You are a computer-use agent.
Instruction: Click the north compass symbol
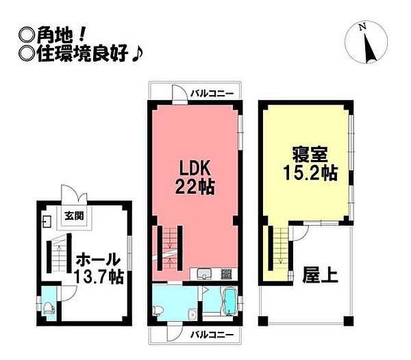(x=369, y=42)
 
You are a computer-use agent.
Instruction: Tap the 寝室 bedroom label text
(x=302, y=152)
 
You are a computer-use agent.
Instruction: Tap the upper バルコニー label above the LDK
(x=212, y=93)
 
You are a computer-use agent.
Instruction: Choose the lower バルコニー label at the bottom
(x=212, y=335)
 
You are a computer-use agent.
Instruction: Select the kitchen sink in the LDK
(x=206, y=275)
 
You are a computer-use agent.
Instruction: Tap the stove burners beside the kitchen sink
(x=227, y=275)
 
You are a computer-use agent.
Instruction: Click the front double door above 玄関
(x=73, y=195)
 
